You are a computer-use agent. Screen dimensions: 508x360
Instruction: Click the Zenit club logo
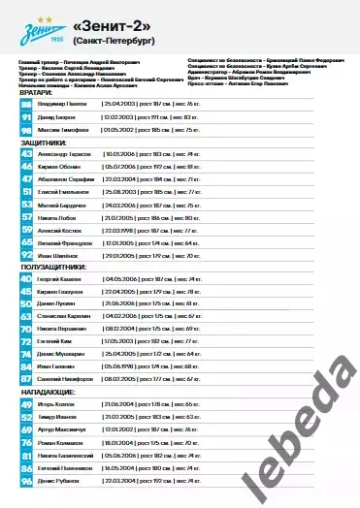[x=38, y=33]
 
